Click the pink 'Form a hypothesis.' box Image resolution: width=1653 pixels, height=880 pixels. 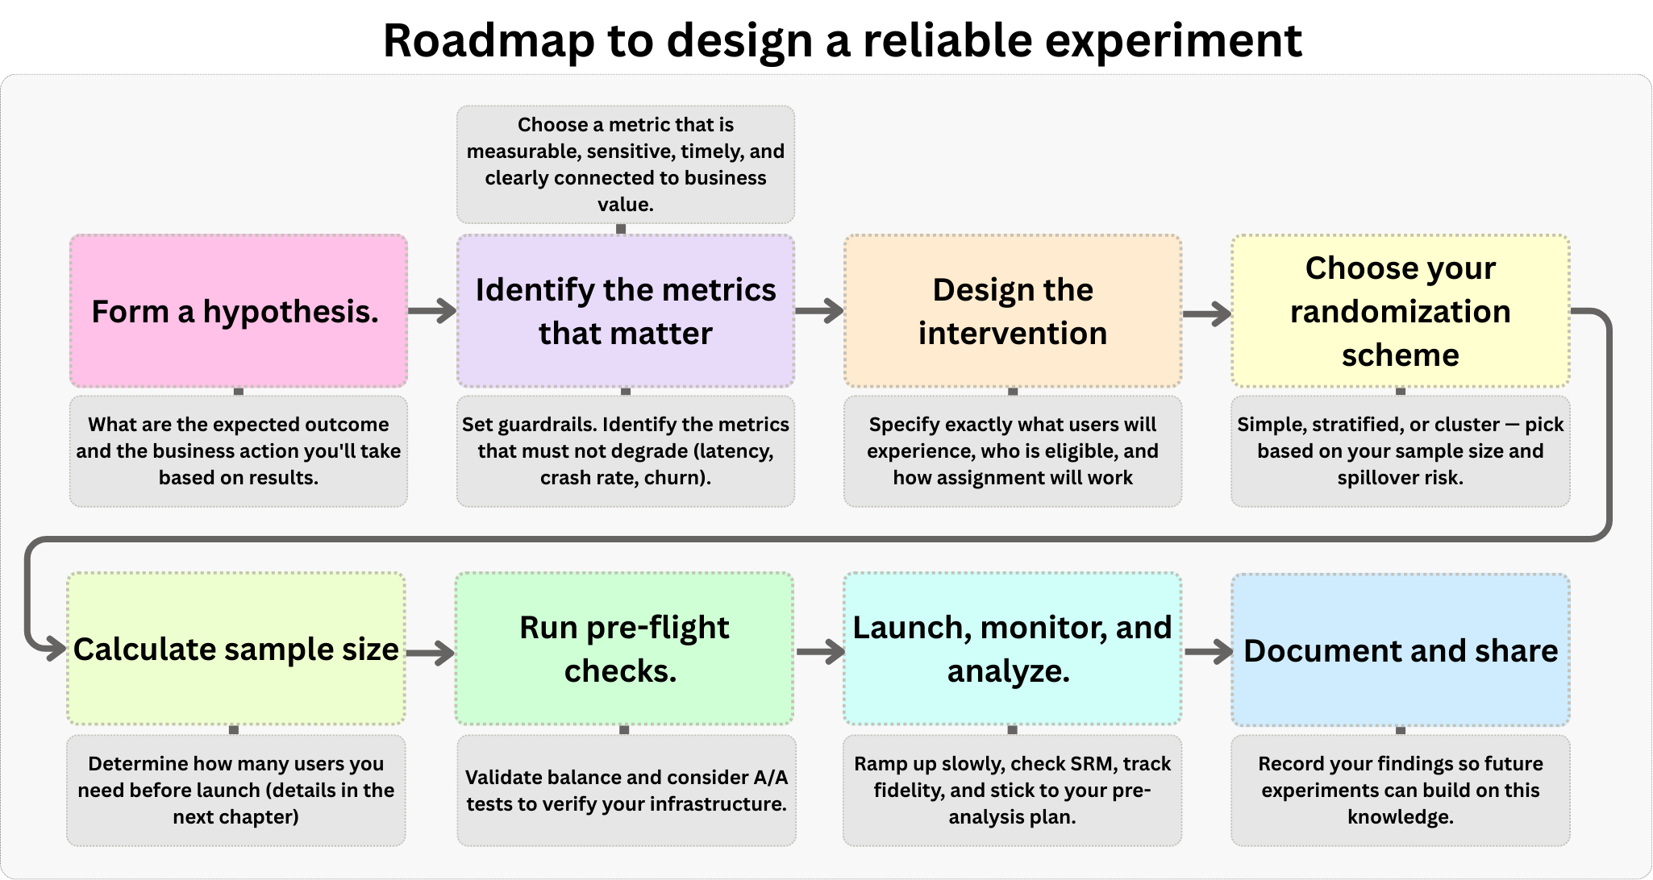(239, 311)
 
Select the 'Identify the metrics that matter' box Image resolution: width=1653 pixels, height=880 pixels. (626, 311)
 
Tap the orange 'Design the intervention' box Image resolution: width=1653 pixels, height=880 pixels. (1013, 311)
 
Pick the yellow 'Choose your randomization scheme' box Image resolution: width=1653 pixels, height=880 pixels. (1401, 311)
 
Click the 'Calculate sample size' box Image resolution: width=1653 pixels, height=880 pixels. (236, 649)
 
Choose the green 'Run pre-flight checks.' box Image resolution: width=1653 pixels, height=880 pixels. (624, 649)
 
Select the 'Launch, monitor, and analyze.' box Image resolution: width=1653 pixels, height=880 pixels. (1013, 649)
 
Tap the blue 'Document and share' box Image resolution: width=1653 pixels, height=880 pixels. (1401, 650)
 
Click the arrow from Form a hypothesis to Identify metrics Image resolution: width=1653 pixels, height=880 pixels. (432, 310)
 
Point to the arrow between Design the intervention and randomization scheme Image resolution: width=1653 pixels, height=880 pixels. (1207, 313)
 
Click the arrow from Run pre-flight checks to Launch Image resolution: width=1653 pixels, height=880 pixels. (820, 652)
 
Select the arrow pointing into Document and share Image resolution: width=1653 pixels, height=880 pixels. (1209, 652)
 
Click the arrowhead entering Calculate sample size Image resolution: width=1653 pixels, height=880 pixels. (56, 648)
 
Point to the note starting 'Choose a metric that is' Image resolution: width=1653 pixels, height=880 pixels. (626, 164)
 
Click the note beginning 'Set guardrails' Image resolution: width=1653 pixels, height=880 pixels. (626, 451)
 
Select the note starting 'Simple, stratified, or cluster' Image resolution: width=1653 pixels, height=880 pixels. (1401, 451)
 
